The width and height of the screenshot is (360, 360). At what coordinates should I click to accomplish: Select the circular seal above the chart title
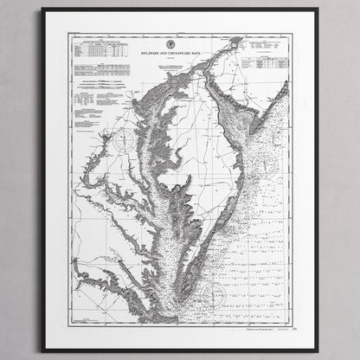point(179,40)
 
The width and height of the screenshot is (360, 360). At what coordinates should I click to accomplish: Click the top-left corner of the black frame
point(42,10)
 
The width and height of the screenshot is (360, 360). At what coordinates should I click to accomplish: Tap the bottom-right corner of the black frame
point(317,350)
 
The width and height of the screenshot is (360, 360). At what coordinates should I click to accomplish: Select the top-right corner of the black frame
point(317,10)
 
